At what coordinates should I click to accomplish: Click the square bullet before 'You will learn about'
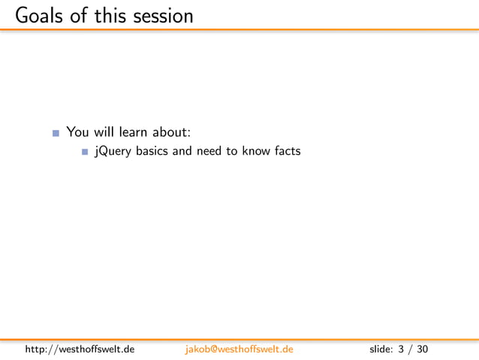tap(56, 134)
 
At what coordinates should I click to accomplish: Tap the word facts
tap(286, 151)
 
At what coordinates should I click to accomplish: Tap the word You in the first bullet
tap(78, 132)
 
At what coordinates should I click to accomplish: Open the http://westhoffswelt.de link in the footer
tap(80, 349)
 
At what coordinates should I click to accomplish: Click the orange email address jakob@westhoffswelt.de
tap(239, 349)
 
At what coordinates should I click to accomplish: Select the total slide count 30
tap(423, 349)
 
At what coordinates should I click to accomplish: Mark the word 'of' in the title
tap(80, 15)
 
